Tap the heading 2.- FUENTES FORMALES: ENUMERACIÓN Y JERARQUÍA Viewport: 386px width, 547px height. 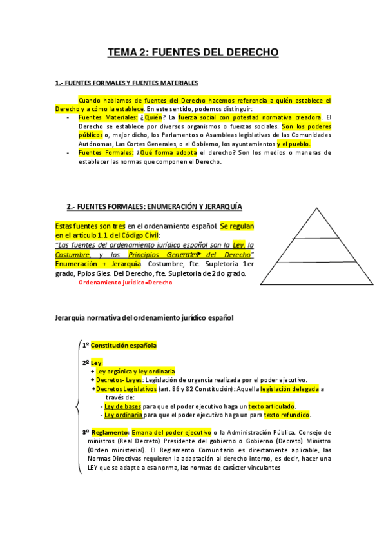click(x=155, y=206)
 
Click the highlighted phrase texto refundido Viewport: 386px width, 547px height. click(x=287, y=415)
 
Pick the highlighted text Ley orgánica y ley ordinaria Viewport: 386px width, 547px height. click(x=135, y=371)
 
